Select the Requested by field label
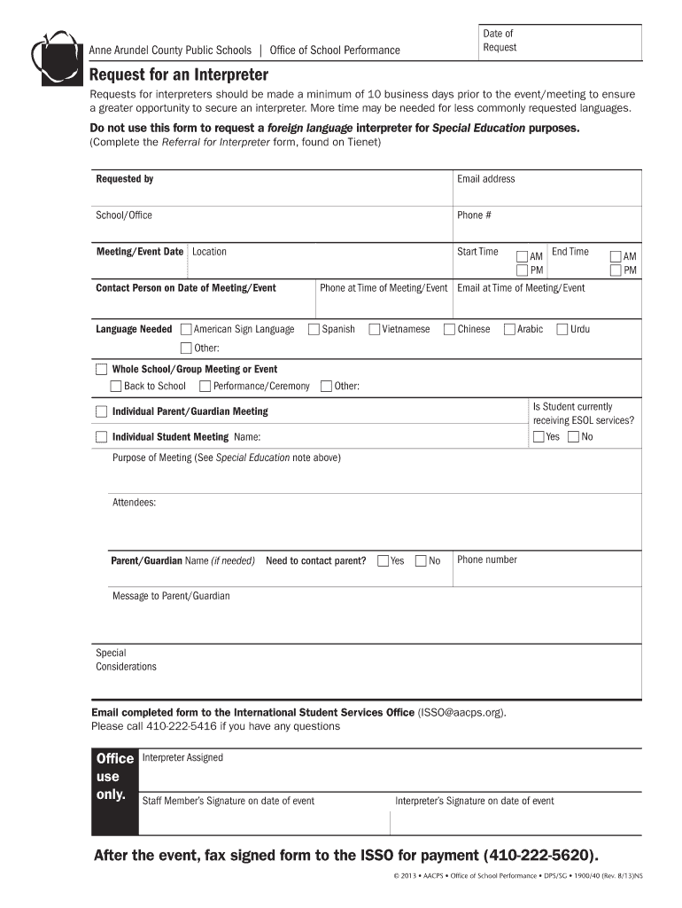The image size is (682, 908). pos(124,179)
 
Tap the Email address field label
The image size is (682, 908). pos(485,179)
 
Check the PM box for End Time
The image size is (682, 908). pos(616,270)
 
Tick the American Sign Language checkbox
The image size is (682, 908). pos(186,330)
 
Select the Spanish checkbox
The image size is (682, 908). pos(314,330)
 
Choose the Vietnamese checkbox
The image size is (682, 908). pos(375,330)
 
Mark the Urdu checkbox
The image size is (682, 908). pos(562,330)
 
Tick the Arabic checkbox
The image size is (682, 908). pos(509,330)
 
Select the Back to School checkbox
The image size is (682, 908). pos(116,387)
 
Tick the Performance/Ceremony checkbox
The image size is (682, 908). pos(205,387)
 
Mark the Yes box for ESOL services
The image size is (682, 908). pos(539,437)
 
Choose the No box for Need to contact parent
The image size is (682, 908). pos(421,561)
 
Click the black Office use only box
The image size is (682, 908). pos(115,791)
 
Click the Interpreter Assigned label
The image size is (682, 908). pos(182,758)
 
